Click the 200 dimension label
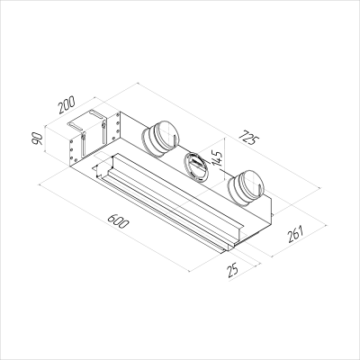point(67,105)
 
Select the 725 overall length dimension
point(248,139)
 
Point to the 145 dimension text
point(217,158)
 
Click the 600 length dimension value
point(118,221)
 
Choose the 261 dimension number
point(296,234)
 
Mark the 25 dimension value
point(233,269)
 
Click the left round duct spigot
point(161,139)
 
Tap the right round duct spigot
point(246,188)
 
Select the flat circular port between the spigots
point(196,166)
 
